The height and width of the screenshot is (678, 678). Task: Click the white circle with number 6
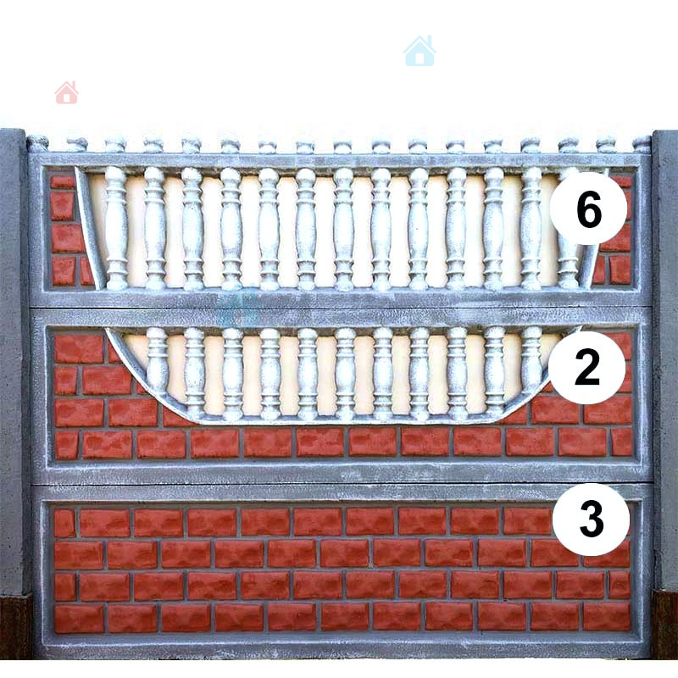coord(588,208)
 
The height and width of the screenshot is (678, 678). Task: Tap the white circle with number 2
coord(586,367)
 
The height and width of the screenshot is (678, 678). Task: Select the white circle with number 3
coord(591,519)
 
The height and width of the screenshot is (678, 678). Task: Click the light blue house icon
coord(420,51)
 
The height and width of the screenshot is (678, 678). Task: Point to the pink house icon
coord(67,92)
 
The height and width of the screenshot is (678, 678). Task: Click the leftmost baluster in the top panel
coord(116,228)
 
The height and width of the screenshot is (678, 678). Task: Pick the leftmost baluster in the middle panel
coord(158,361)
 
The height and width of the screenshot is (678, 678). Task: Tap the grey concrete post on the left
coord(14,361)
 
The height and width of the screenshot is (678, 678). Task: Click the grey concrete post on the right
coord(665,361)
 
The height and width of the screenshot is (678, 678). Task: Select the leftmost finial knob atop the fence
coord(38,143)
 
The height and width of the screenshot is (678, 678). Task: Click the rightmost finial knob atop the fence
coord(642,144)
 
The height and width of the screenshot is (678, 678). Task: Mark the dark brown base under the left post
coord(15,626)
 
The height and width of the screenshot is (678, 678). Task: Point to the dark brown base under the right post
coord(665,625)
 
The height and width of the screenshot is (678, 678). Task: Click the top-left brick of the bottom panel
coord(64,523)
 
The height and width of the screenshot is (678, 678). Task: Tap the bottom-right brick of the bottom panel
coord(607,616)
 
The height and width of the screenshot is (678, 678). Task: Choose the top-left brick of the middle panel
coord(79,348)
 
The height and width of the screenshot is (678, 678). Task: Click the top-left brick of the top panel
coord(63,181)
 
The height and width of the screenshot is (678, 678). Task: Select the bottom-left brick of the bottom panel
coord(79,619)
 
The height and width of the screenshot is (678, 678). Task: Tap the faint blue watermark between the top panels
coord(238,306)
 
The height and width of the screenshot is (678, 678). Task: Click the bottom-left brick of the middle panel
coord(67,445)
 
